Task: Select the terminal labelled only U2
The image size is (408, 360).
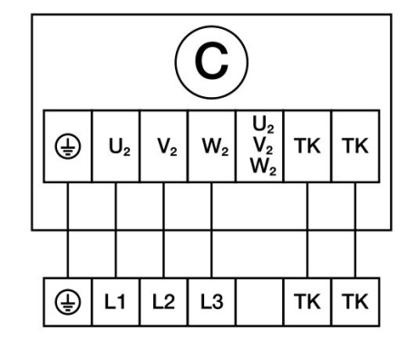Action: click(x=115, y=146)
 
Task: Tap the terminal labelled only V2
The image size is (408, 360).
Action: click(x=163, y=146)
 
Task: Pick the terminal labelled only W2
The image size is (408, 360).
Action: click(x=211, y=146)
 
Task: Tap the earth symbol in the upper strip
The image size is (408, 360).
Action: click(x=69, y=146)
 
